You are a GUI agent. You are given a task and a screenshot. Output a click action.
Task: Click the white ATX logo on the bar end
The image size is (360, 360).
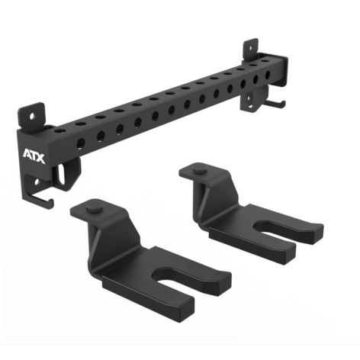[x=34, y=156]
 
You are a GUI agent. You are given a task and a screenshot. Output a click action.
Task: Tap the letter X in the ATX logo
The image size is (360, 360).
[x=40, y=159]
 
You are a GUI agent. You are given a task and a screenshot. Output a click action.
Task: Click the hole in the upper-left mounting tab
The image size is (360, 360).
[x=31, y=117]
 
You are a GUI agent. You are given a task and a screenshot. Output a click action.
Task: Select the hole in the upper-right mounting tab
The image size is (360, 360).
[x=251, y=47]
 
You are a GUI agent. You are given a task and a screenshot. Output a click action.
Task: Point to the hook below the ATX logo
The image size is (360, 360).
[x=40, y=201]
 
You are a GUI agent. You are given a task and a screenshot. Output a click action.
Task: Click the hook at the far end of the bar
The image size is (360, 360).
[x=275, y=104]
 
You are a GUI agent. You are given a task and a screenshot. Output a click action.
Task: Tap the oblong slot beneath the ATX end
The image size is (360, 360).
[x=61, y=175]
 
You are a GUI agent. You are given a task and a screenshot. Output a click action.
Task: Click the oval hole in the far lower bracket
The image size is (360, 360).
[x=249, y=98]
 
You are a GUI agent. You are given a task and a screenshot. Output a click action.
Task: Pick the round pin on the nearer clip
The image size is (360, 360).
[x=95, y=209]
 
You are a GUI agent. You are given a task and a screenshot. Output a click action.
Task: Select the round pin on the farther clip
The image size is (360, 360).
[x=200, y=171]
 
